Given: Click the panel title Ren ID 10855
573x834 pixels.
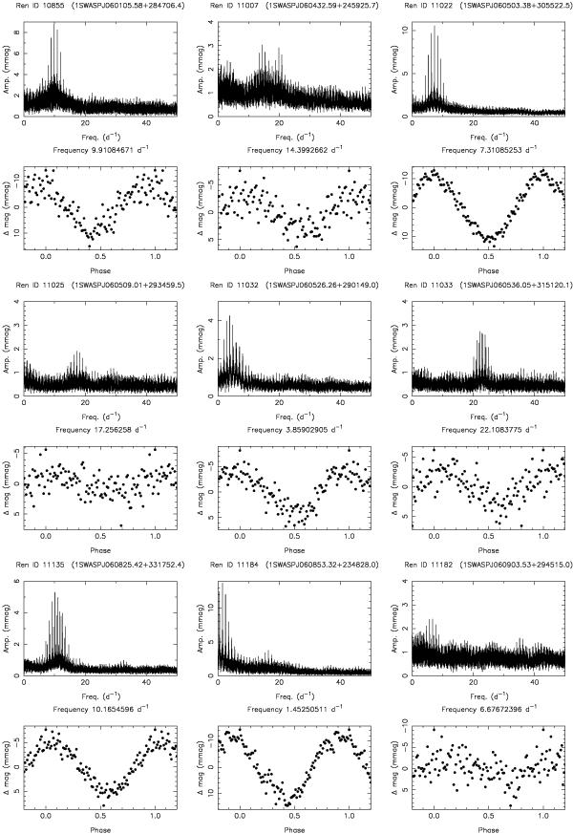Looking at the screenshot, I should pyautogui.click(x=44, y=8).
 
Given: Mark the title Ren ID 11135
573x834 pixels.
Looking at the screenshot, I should pyautogui.click(x=44, y=565).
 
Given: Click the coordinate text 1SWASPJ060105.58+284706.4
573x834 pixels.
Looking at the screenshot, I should pyautogui.click(x=129, y=8).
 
